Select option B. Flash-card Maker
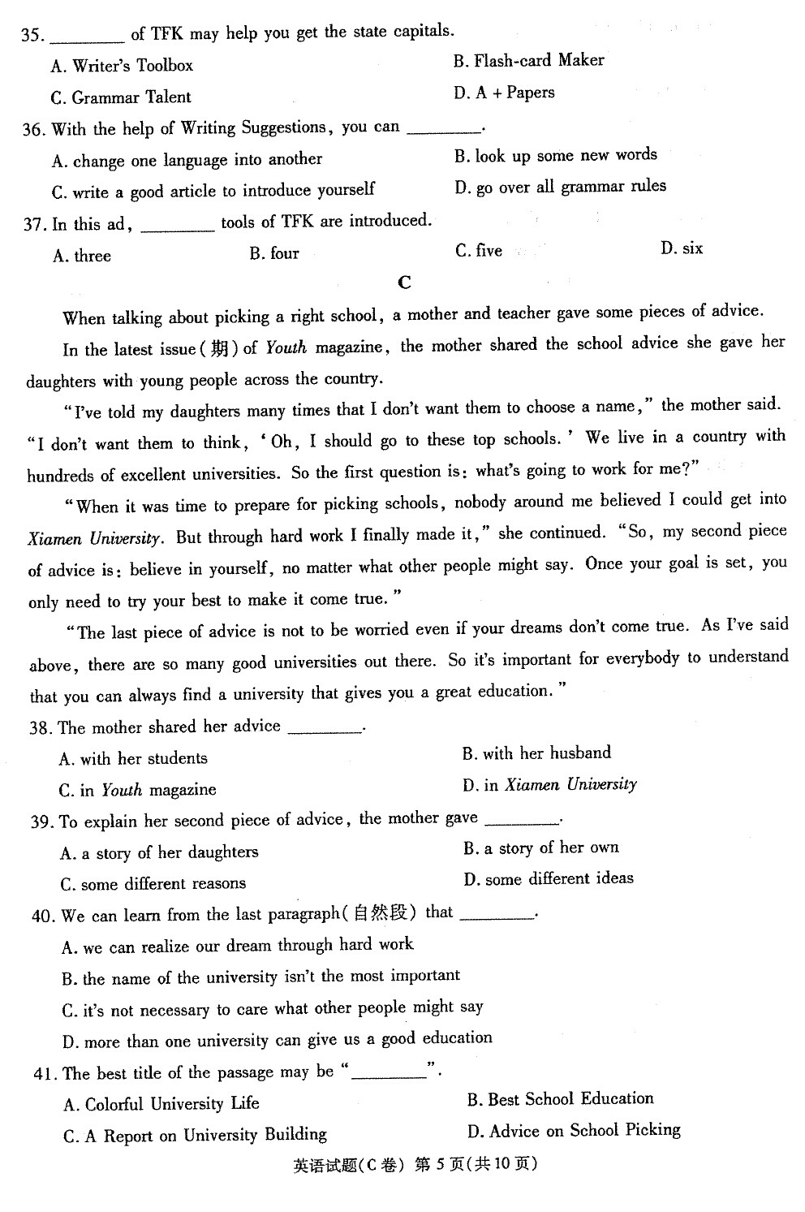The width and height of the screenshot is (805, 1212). (x=528, y=61)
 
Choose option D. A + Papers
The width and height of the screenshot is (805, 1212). (x=504, y=93)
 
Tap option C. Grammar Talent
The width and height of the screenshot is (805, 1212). (x=121, y=98)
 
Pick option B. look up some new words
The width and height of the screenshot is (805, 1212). (x=556, y=155)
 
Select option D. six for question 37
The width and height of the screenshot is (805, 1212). (x=682, y=249)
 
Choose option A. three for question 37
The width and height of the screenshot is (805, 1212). (x=82, y=257)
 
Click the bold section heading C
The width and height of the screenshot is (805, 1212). (x=405, y=283)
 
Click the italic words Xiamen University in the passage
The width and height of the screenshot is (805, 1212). (x=95, y=538)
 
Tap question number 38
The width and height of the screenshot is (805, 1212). (x=41, y=728)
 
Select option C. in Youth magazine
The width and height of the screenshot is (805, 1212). (x=137, y=790)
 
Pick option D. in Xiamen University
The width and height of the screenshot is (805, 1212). (x=549, y=785)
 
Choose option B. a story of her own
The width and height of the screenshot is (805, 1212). (x=541, y=848)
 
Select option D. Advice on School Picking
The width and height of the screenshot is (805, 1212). (x=574, y=1131)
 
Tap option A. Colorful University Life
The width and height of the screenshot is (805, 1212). (x=161, y=1104)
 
